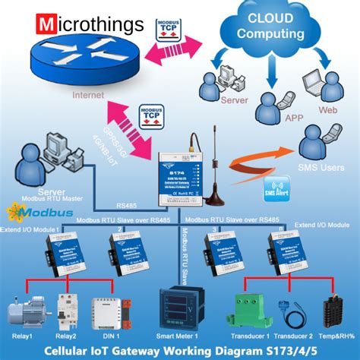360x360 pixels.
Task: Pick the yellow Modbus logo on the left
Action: pyautogui.click(x=30, y=210)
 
